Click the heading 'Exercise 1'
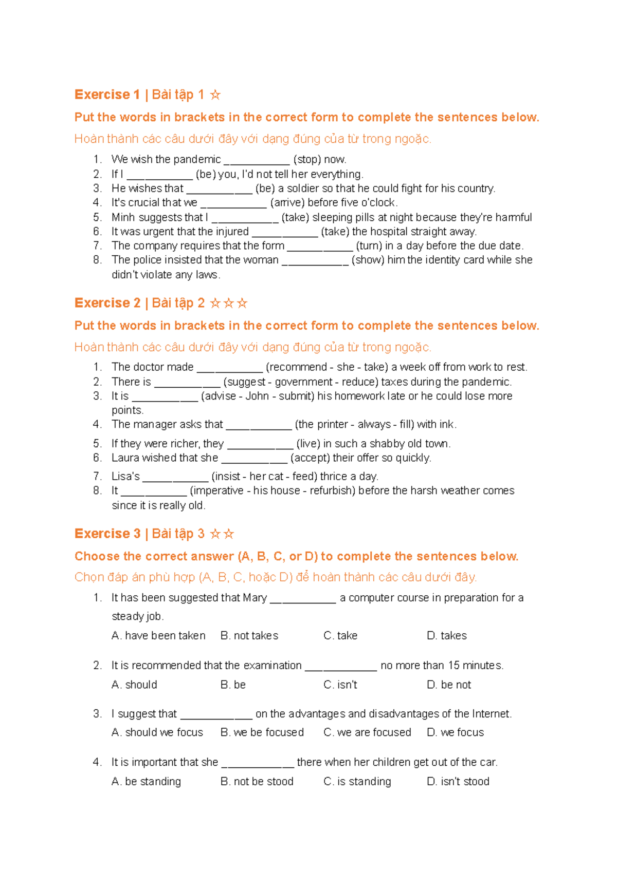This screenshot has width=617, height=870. (x=107, y=94)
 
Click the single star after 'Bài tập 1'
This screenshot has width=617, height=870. (x=215, y=95)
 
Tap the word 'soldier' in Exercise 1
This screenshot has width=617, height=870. (x=303, y=188)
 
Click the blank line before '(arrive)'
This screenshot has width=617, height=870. (x=233, y=203)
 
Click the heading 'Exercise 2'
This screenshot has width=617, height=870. (x=107, y=303)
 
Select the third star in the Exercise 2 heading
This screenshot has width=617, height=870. (x=242, y=304)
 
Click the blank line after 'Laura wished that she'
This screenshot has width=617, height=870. (x=254, y=459)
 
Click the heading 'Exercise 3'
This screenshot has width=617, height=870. (x=107, y=534)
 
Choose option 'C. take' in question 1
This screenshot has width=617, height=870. (x=340, y=636)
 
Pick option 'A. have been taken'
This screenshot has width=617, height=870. (x=158, y=636)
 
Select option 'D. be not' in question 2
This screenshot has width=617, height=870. (x=448, y=685)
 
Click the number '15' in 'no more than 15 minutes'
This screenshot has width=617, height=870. (x=453, y=666)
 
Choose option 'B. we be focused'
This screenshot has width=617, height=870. (x=262, y=732)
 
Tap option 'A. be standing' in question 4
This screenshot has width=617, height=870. (x=146, y=782)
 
